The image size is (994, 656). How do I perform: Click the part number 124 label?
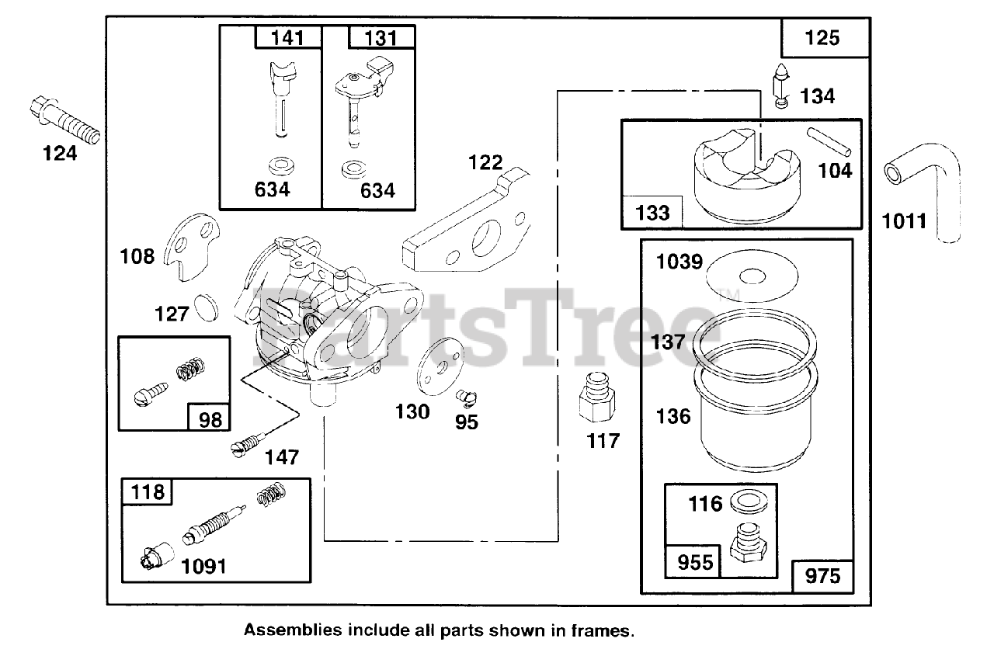(x=60, y=154)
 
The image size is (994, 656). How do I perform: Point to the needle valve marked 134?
(x=782, y=85)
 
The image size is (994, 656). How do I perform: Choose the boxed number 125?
(x=823, y=37)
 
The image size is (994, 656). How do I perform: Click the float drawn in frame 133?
(x=745, y=175)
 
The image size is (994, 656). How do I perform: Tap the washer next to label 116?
(x=748, y=503)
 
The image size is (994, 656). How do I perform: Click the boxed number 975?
(x=822, y=577)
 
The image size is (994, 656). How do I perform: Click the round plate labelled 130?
(x=438, y=365)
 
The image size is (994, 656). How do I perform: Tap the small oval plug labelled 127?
(x=206, y=306)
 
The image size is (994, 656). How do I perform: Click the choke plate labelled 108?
(x=192, y=245)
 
